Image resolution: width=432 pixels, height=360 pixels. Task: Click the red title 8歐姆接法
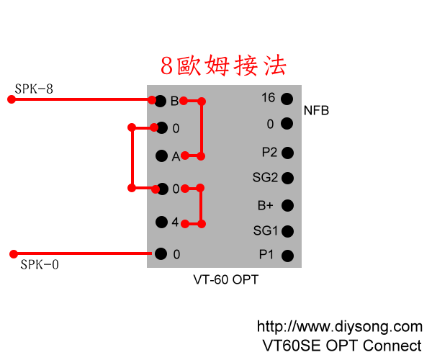223,66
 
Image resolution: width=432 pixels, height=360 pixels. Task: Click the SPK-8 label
34,89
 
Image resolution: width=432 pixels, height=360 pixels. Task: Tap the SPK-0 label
40,264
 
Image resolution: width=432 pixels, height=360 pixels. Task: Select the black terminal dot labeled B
161,100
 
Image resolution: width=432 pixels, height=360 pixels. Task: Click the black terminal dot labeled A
161,156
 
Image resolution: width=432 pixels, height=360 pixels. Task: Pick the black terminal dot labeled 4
161,222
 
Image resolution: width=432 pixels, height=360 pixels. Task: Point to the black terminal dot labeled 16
287,99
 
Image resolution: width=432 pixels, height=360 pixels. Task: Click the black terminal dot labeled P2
287,153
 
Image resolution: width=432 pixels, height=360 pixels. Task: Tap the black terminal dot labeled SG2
287,178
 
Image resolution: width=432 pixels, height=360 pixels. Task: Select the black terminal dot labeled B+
287,205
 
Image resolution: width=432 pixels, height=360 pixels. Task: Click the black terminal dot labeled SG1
287,231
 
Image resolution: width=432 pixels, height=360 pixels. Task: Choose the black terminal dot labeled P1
287,255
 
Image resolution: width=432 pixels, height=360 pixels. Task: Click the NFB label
317,111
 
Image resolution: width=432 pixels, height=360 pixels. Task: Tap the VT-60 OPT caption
225,279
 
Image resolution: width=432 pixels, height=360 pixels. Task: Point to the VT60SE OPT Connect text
342,345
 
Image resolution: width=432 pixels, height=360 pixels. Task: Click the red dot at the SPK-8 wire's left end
11,99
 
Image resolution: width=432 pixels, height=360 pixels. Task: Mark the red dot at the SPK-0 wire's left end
12,253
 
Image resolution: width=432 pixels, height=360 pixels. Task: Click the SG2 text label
264,178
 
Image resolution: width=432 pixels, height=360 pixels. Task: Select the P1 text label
266,254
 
